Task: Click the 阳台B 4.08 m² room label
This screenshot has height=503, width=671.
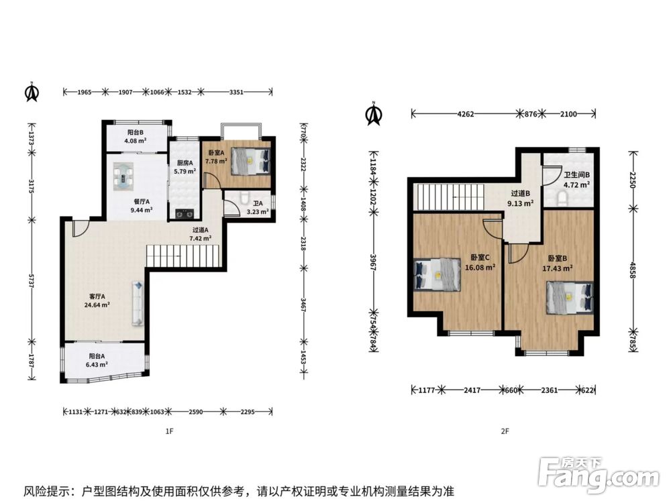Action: (x=136, y=136)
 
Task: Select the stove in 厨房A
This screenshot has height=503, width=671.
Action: (x=185, y=213)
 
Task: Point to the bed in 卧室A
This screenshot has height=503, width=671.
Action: (x=251, y=161)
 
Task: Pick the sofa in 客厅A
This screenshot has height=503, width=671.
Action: (x=138, y=303)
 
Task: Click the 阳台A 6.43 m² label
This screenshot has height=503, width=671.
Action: (x=97, y=360)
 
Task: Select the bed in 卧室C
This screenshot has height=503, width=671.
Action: (x=437, y=274)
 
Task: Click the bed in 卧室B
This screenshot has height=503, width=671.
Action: (x=570, y=298)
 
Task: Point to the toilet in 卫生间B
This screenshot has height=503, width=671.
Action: (x=562, y=198)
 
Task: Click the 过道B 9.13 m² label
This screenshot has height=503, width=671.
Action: (x=521, y=199)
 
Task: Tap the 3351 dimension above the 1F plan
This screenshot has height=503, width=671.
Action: (x=236, y=91)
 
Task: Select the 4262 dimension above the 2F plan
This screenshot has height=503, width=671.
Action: (x=466, y=114)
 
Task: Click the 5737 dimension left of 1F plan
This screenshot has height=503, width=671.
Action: (x=32, y=280)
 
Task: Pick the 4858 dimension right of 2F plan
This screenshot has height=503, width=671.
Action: (x=633, y=270)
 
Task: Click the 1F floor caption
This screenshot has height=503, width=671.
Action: (x=170, y=431)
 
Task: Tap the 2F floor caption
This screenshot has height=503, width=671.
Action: (x=505, y=431)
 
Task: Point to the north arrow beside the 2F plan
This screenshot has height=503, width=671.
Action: (x=374, y=114)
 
